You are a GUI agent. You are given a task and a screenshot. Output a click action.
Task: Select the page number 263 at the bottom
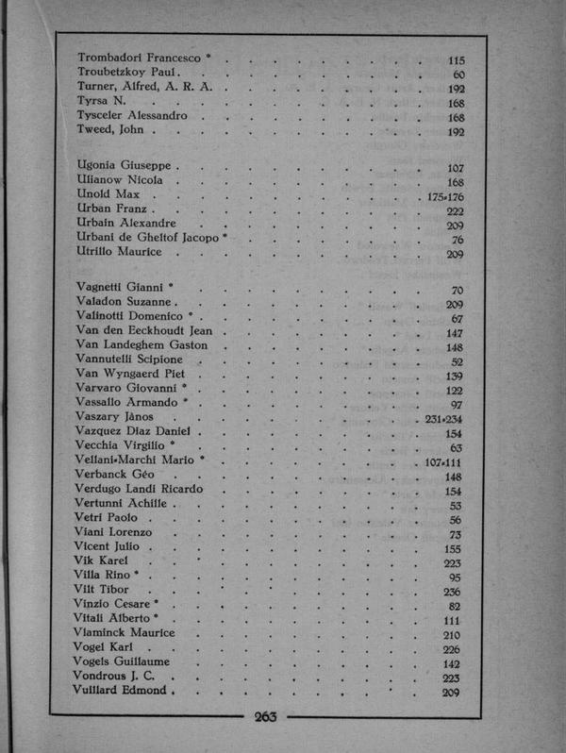[x=265, y=717]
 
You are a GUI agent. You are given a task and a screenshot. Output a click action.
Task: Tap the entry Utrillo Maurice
[x=119, y=253]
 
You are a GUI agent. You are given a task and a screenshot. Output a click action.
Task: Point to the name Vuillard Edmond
[x=120, y=690]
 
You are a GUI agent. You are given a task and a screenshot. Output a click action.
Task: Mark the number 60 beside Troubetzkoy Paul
[x=458, y=75]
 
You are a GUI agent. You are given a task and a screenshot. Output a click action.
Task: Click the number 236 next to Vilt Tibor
[x=452, y=592]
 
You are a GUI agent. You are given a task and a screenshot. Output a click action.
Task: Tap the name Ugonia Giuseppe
[x=122, y=166]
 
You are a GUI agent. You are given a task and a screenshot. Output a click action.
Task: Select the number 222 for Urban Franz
[x=454, y=210]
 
